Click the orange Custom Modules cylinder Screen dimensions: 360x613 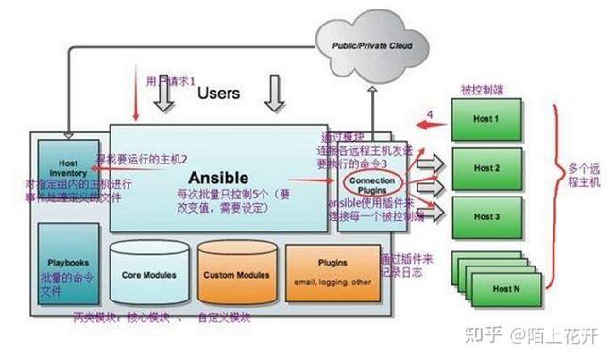(x=235, y=274)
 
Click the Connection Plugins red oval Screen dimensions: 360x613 (x=371, y=180)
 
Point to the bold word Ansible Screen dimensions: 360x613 (x=218, y=177)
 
